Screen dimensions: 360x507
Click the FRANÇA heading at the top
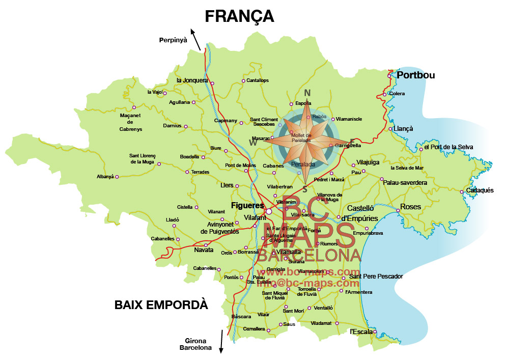point(239,16)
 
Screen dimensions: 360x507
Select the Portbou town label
point(416,75)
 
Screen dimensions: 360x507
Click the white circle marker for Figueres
point(269,211)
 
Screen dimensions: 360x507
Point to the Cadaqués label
point(480,190)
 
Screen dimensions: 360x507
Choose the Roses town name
point(411,207)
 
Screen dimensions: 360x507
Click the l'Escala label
point(361,331)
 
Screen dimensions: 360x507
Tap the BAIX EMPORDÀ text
point(161,305)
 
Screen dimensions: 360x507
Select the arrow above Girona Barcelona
point(221,341)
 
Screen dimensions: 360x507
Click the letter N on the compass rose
point(307,93)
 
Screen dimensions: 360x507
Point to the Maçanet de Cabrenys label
point(130,122)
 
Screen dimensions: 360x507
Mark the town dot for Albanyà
point(117,177)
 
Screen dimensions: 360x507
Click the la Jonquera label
point(192,80)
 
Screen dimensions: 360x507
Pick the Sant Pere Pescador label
point(376,276)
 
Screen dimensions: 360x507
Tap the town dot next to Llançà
point(390,129)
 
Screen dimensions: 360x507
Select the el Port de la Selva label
point(448,147)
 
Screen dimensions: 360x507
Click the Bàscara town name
point(241,316)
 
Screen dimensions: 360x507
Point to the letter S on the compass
point(304,189)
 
